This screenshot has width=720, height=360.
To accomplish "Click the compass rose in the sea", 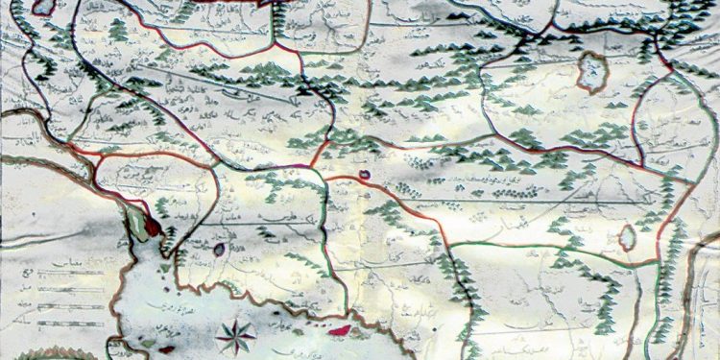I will [236, 335].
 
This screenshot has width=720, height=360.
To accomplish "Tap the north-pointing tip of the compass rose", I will [236, 321].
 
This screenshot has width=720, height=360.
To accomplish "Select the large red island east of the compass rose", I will [338, 331].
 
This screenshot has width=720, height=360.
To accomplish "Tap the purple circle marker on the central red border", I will [365, 176].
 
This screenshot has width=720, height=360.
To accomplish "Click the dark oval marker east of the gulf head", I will [220, 250].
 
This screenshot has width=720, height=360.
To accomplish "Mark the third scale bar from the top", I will [72, 306].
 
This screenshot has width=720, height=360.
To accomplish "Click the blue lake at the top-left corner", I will [42, 7].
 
